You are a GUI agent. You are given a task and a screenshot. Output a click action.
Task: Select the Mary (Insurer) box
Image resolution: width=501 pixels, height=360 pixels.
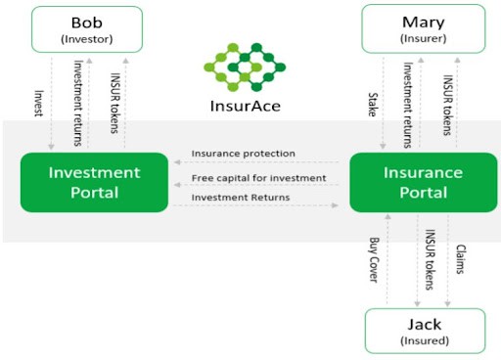tap(424, 28)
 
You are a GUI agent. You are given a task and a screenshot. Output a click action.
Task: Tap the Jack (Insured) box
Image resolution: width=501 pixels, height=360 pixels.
tap(424, 331)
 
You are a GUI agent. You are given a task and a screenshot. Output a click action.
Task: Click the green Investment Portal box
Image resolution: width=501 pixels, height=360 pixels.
tap(95, 183)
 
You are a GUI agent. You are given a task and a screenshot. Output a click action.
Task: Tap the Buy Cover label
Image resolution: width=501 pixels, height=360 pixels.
tap(373, 259)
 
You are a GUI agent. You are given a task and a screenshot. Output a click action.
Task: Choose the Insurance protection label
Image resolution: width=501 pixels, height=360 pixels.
tap(244, 154)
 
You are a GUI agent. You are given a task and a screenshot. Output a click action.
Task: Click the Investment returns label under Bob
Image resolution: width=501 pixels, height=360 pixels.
tap(77, 97)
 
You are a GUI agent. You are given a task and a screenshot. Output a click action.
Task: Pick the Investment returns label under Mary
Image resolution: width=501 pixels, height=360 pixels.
tap(409, 97)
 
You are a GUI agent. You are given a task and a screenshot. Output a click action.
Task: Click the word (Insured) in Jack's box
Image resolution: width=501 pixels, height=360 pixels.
tap(424, 340)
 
